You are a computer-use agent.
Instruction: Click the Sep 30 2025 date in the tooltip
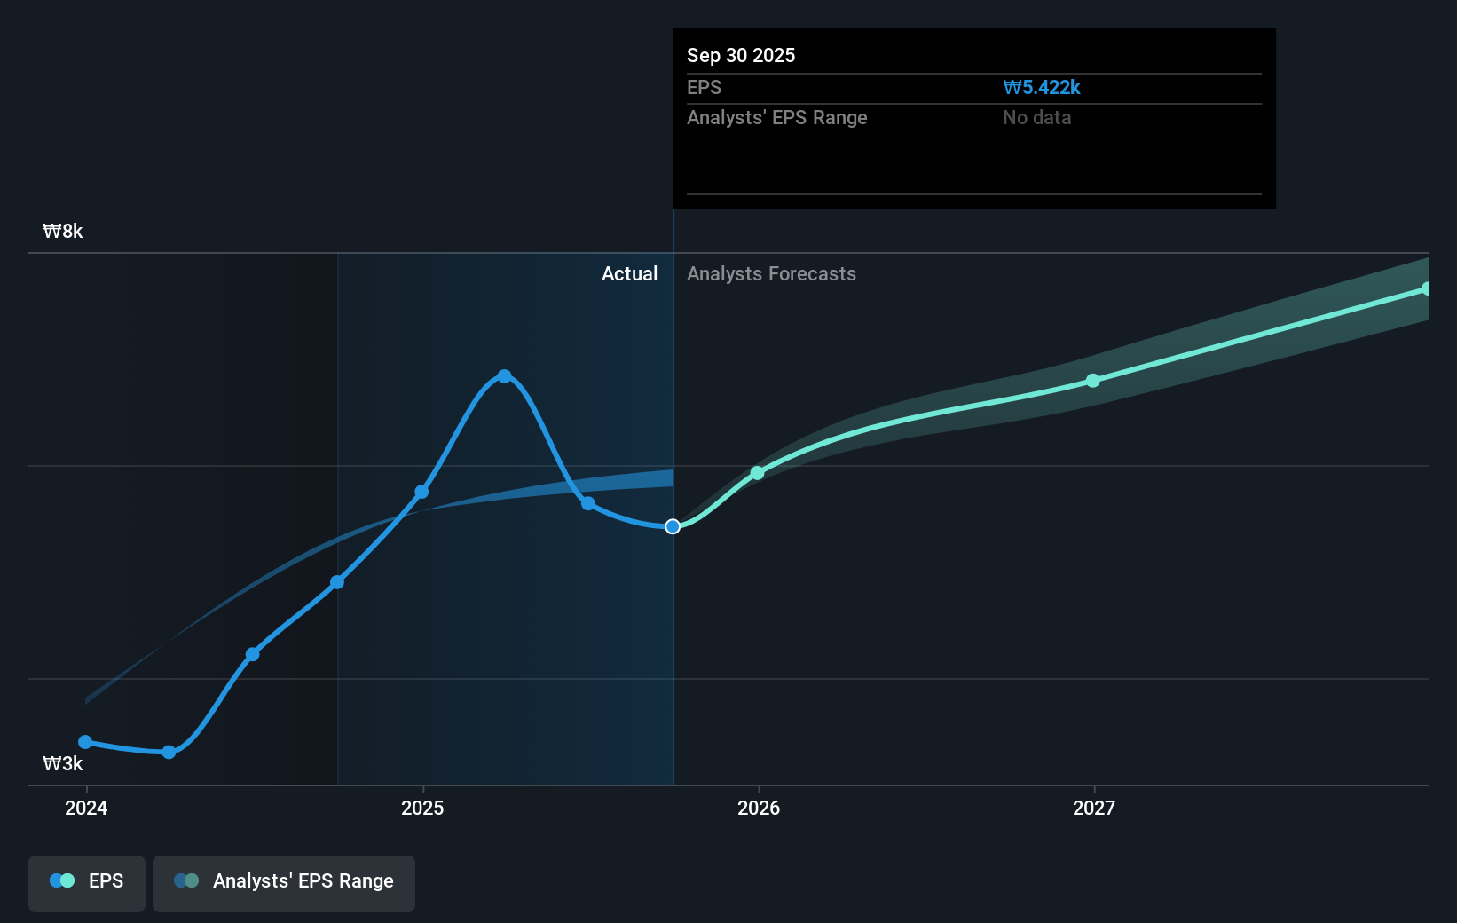(741, 55)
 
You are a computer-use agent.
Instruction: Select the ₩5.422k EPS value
(1041, 87)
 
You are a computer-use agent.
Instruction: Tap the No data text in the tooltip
(1036, 117)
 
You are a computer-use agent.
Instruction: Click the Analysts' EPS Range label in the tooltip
(776, 117)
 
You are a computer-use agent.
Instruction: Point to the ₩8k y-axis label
(63, 231)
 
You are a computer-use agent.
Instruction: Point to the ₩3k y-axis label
(63, 763)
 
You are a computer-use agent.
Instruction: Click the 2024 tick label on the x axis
(86, 808)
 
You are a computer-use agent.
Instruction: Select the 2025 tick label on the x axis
(422, 808)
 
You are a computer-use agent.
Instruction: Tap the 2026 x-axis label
(759, 808)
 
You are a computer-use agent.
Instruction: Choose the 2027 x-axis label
(1093, 808)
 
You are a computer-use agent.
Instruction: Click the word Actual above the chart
(629, 273)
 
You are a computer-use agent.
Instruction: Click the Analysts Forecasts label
(771, 273)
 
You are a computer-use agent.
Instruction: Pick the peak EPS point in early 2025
(504, 376)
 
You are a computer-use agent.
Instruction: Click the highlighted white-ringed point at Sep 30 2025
(673, 526)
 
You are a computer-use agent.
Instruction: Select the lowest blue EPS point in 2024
(169, 752)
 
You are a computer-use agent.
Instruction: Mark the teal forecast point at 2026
(757, 473)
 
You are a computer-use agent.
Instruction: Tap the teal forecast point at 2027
(1093, 381)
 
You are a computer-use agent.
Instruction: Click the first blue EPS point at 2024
(85, 742)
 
